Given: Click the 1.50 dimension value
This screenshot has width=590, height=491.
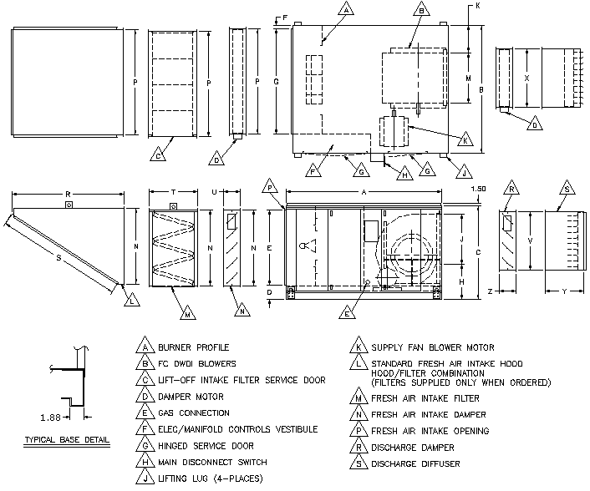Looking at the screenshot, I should [x=479, y=189].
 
